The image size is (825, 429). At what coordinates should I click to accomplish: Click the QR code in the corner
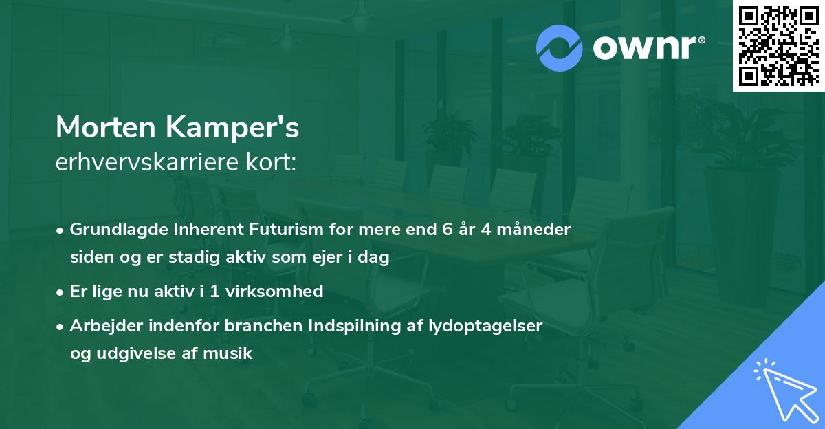pyautogui.click(x=778, y=45)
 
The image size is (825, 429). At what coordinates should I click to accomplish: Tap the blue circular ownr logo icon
pyautogui.click(x=560, y=47)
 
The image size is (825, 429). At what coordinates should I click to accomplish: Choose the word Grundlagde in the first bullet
pyautogui.click(x=113, y=230)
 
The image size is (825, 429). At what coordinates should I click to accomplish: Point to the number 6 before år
pyautogui.click(x=447, y=230)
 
